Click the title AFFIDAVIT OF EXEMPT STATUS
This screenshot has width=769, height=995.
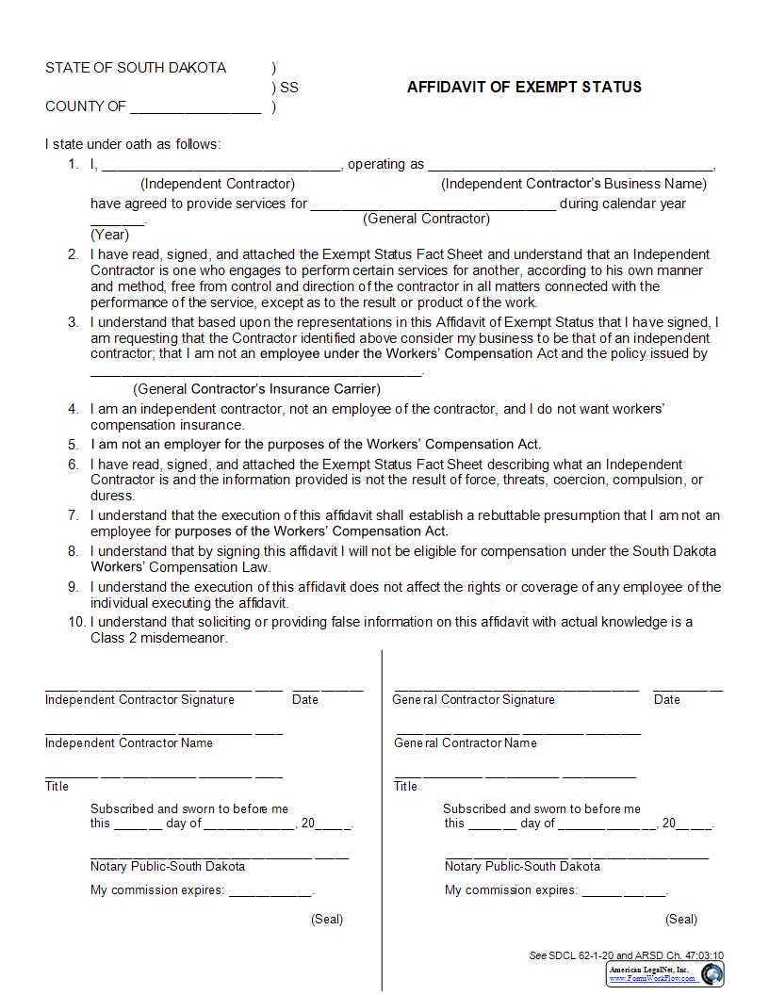pyautogui.click(x=524, y=87)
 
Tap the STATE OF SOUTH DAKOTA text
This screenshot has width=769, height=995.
pyautogui.click(x=136, y=68)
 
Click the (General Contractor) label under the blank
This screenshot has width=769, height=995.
pyautogui.click(x=426, y=219)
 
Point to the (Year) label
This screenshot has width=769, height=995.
pyautogui.click(x=109, y=235)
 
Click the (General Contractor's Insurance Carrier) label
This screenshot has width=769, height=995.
pyautogui.click(x=256, y=388)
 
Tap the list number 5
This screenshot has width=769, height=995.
pyautogui.click(x=73, y=444)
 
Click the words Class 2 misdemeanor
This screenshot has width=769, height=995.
pyautogui.click(x=158, y=638)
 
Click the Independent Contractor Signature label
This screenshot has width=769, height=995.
pyautogui.click(x=139, y=700)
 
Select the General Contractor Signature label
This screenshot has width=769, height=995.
pyautogui.click(x=473, y=700)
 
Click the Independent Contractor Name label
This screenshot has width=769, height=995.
pyautogui.click(x=128, y=743)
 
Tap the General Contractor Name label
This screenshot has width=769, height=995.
pyautogui.click(x=465, y=743)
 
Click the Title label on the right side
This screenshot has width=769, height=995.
pyautogui.click(x=405, y=787)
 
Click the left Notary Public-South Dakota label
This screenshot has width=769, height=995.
pyautogui.click(x=167, y=867)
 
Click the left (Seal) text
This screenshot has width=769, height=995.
pyautogui.click(x=327, y=920)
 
